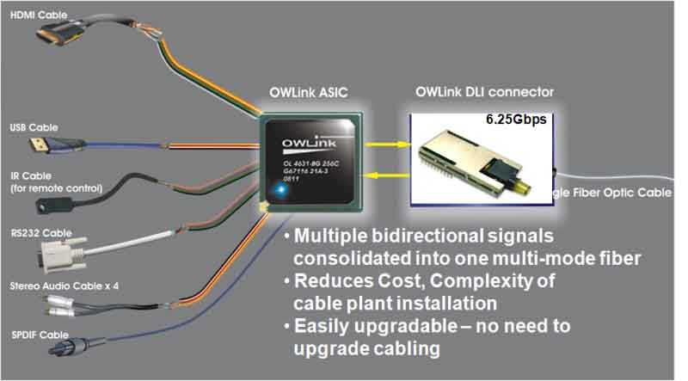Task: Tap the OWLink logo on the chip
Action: [x=307, y=139]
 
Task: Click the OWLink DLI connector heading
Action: [x=484, y=91]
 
